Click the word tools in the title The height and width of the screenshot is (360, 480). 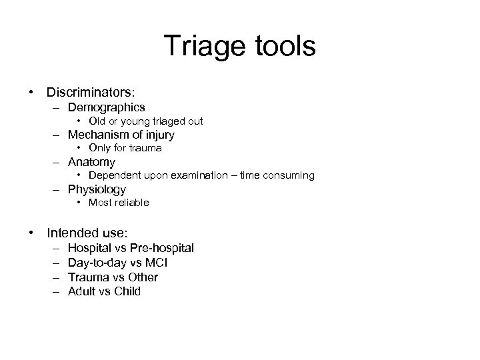(x=280, y=46)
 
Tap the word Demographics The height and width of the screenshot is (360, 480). (x=107, y=107)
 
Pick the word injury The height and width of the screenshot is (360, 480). (x=158, y=134)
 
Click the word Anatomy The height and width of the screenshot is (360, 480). (x=91, y=161)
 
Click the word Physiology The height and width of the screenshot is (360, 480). (x=97, y=189)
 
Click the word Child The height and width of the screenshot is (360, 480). (x=127, y=291)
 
